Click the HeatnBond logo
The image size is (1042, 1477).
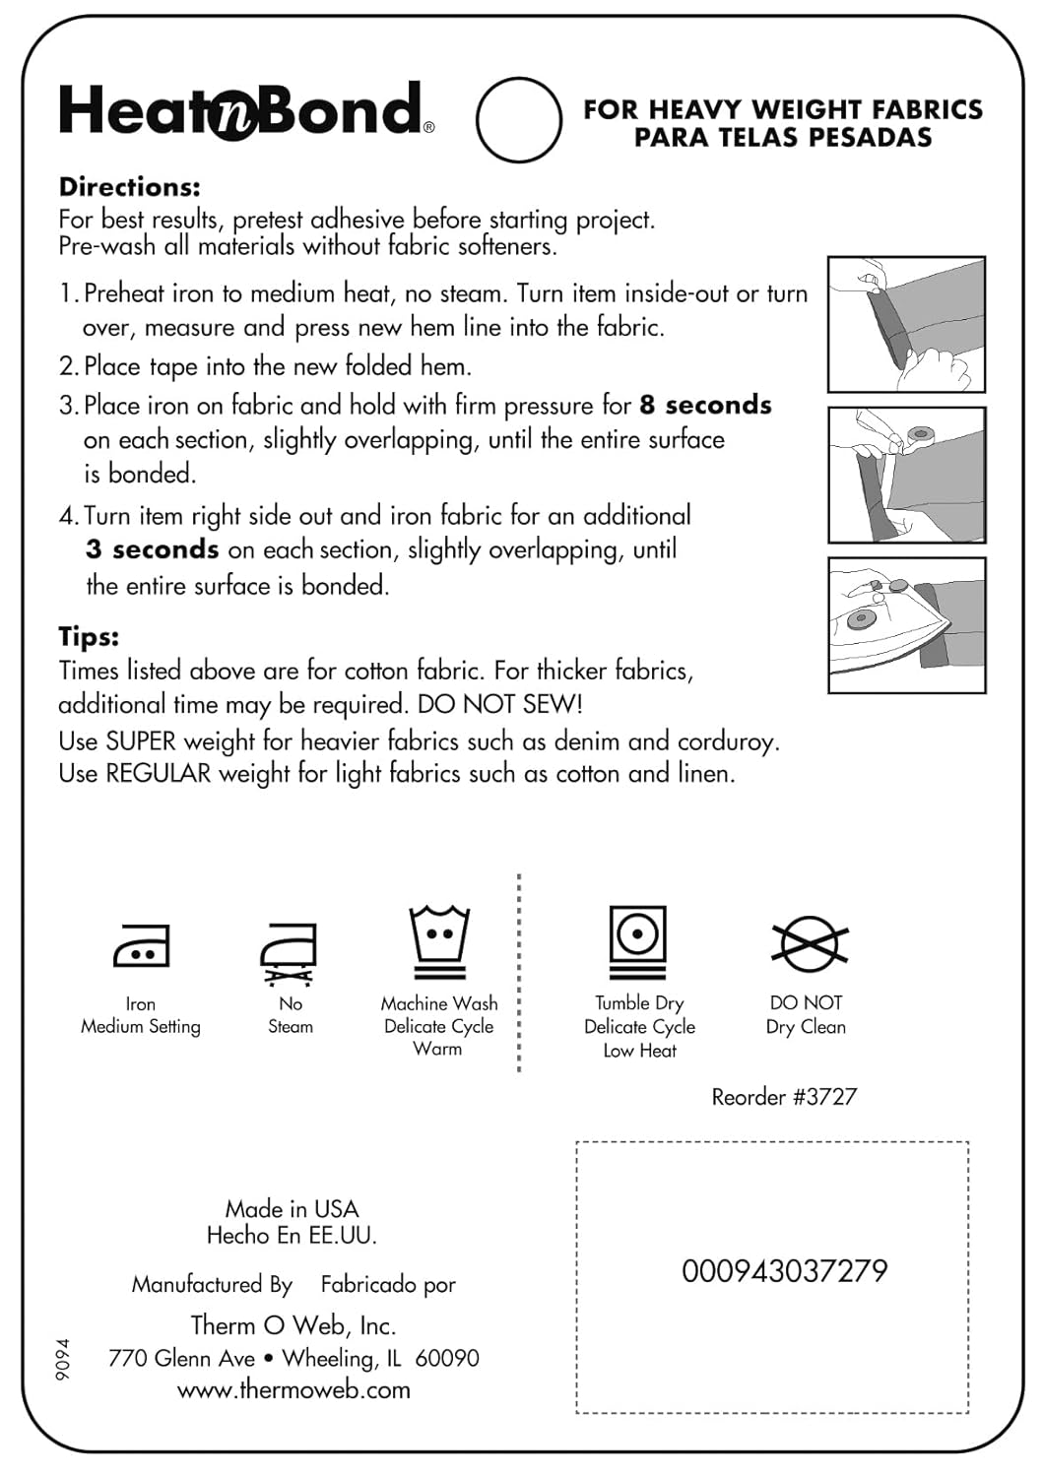click(x=246, y=110)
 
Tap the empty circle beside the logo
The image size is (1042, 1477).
click(x=518, y=119)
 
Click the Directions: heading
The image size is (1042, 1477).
click(x=129, y=186)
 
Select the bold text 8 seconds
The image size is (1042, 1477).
click(x=705, y=405)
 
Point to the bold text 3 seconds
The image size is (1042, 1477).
click(x=152, y=549)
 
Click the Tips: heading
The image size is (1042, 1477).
click(x=89, y=636)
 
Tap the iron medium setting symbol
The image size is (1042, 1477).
click(x=142, y=946)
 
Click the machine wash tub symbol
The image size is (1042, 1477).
click(x=439, y=941)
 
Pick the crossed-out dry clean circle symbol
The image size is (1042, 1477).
click(x=809, y=942)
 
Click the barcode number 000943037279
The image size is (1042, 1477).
click(x=784, y=1271)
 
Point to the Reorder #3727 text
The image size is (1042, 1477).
click(x=784, y=1097)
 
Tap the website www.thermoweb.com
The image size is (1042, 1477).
click(x=293, y=1389)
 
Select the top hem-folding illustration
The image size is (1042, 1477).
click(x=906, y=324)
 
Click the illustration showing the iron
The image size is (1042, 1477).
click(x=906, y=625)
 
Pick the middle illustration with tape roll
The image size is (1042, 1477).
click(x=906, y=475)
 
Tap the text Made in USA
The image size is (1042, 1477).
click(x=292, y=1208)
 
